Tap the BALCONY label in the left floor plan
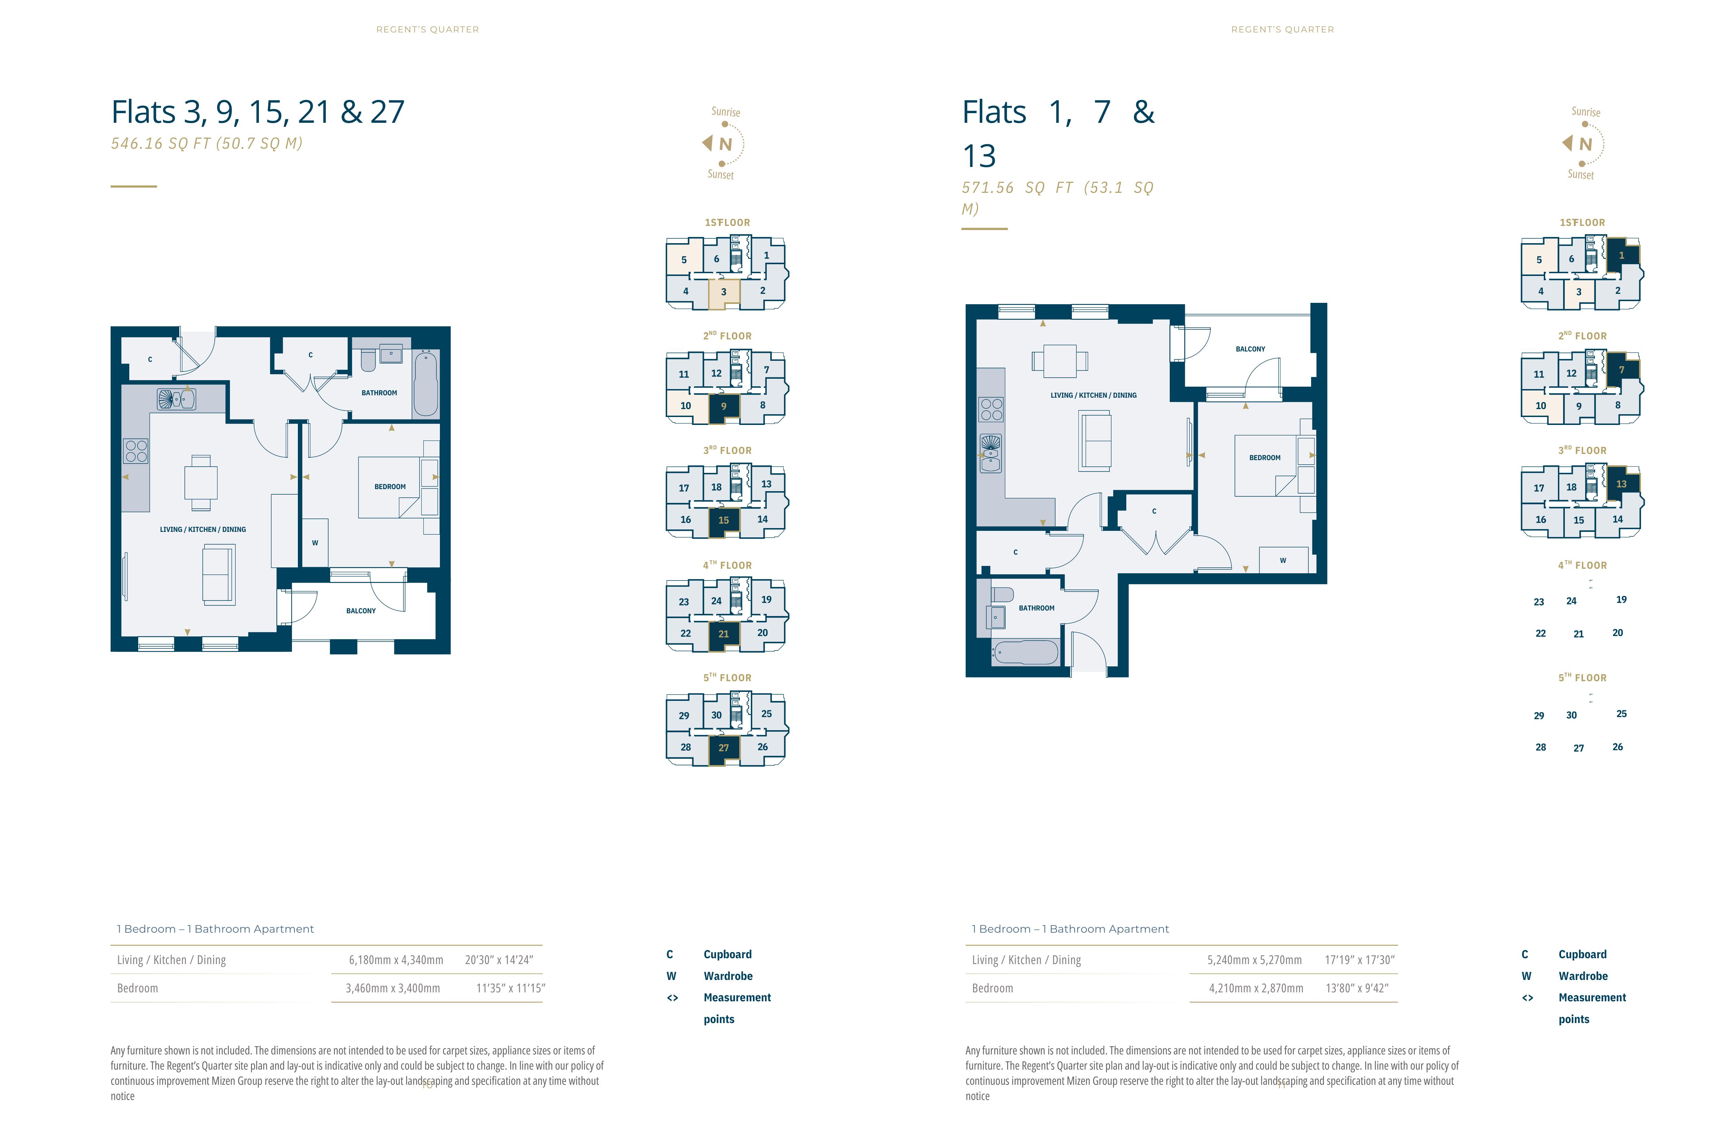[361, 611]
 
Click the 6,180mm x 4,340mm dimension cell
[396, 960]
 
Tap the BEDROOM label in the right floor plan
[1265, 457]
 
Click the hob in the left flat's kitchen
[137, 451]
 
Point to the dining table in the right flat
[1060, 361]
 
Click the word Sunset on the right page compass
[1581, 175]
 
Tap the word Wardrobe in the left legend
[728, 976]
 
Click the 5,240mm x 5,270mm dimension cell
[1255, 960]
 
